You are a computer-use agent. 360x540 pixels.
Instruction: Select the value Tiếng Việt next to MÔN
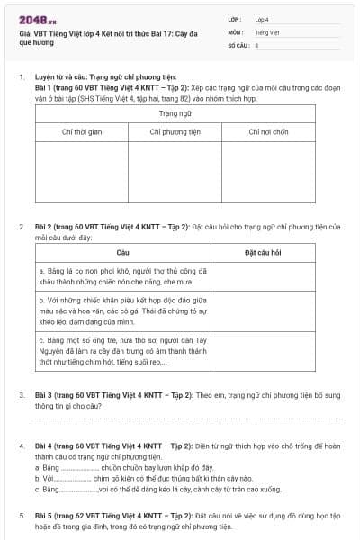(x=266, y=31)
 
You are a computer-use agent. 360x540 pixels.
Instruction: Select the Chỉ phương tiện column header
(x=175, y=132)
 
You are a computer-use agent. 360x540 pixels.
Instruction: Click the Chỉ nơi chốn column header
(x=267, y=132)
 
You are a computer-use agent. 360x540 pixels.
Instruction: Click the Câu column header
(x=122, y=253)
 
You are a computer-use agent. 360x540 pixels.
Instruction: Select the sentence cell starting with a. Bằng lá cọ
(x=122, y=274)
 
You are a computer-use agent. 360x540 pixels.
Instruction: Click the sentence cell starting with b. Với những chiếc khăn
(x=122, y=310)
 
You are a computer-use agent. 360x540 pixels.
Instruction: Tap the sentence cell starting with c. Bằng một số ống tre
(x=122, y=350)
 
